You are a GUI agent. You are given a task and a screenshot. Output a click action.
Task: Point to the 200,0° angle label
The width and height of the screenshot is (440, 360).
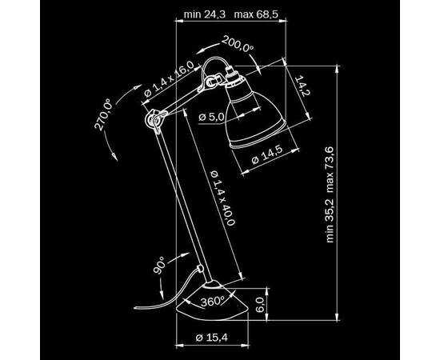click(x=239, y=43)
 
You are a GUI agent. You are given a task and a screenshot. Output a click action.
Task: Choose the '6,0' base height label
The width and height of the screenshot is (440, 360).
click(x=259, y=305)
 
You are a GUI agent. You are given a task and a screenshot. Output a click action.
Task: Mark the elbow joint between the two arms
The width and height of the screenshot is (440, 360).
click(x=150, y=120)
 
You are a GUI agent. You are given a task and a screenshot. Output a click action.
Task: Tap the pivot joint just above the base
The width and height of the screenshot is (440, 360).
click(x=198, y=267)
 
